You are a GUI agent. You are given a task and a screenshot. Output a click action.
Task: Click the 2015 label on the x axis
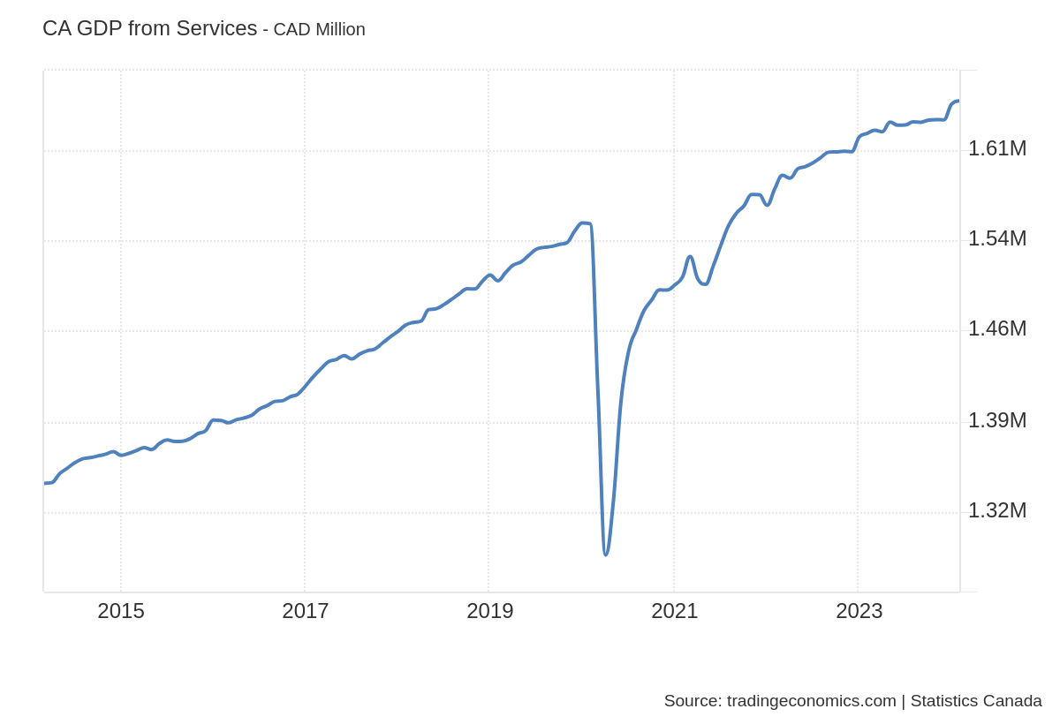point(121,611)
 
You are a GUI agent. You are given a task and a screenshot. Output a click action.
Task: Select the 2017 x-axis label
point(306,611)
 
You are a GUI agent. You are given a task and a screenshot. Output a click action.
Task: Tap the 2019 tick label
point(490,611)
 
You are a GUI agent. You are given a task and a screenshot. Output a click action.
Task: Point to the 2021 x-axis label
point(675,611)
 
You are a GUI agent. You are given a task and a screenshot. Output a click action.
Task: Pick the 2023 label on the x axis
point(859,611)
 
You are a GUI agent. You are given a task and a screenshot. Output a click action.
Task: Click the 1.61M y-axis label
point(997,148)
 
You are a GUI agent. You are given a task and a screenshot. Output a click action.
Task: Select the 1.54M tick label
point(997,238)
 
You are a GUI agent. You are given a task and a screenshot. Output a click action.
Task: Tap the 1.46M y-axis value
point(997,328)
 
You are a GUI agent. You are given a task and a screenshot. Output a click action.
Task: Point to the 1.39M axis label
point(997,420)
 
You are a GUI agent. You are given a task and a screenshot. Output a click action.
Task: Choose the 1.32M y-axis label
point(997,510)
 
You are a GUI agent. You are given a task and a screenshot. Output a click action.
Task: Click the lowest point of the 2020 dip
point(606,554)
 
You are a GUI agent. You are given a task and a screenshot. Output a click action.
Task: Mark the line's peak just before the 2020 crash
point(583,222)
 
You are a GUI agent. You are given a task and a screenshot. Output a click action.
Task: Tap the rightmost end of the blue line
point(958,101)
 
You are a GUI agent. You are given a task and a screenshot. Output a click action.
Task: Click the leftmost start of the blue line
point(45,483)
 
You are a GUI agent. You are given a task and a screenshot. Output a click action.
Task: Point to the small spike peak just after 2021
point(690,257)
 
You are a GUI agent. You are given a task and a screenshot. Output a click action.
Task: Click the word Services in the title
point(216,28)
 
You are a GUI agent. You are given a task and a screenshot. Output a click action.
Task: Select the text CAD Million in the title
point(319,29)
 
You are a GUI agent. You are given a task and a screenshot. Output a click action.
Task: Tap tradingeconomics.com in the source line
point(811,701)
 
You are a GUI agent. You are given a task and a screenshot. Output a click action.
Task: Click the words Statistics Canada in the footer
point(976,701)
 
